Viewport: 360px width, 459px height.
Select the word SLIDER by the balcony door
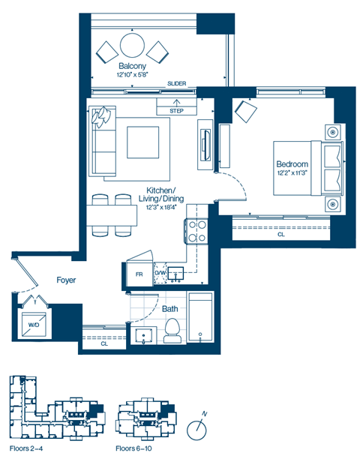pos(178,84)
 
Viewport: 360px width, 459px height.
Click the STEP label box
pos(177,110)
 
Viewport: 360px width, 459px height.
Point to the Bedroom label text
pos(292,164)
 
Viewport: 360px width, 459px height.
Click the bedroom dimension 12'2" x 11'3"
pos(292,174)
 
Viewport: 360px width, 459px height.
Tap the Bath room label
pos(169,308)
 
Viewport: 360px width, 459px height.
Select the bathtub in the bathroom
pos(199,318)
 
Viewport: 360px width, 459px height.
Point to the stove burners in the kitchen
pos(196,231)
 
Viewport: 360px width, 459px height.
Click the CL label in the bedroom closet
pos(281,235)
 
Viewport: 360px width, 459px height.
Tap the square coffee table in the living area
pos(142,141)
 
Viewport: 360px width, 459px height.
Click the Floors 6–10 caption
pos(134,449)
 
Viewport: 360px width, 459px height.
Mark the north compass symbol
pos(197,428)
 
